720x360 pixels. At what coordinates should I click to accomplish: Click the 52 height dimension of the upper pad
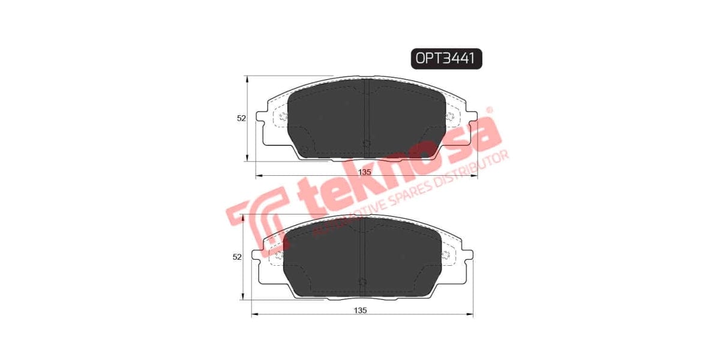tap(241, 119)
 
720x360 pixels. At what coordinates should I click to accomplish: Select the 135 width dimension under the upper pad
tap(365, 172)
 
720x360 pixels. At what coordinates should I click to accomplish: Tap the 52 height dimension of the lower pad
tap(237, 257)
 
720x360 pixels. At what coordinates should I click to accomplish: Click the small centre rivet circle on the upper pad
tap(367, 143)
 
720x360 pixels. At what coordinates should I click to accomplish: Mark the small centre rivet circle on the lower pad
tap(362, 281)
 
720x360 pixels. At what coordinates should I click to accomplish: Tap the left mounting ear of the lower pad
tap(257, 256)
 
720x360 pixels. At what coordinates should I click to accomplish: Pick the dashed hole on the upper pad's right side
tap(450, 116)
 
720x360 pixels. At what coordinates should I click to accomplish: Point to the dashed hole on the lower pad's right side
tap(445, 254)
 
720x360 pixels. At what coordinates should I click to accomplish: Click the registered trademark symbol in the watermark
tap(488, 110)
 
